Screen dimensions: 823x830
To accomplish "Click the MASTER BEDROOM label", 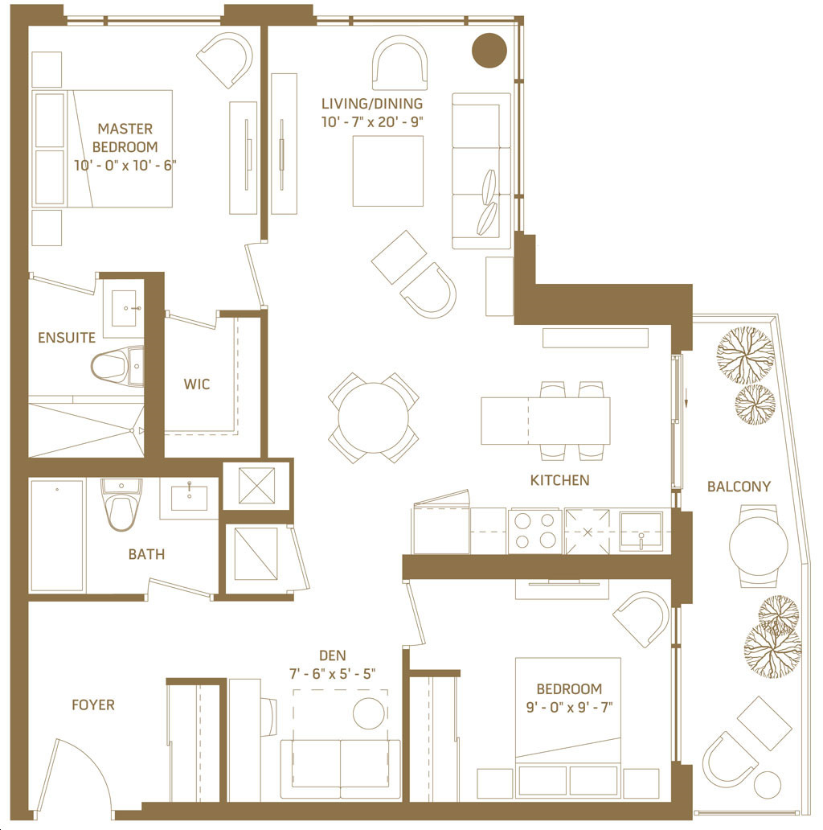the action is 125,138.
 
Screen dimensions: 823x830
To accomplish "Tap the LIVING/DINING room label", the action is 372,103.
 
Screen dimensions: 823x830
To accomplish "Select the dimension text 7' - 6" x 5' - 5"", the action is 332,674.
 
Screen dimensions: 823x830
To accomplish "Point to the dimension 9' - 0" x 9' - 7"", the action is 569,707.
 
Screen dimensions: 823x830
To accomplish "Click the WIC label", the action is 197,384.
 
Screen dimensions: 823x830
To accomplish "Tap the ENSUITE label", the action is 67,338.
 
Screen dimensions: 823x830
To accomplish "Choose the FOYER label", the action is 93,705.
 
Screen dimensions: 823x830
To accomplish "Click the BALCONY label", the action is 739,487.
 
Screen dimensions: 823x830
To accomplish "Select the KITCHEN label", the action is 559,480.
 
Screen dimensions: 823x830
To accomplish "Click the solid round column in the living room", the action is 489,51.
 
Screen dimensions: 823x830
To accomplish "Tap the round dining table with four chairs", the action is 374,417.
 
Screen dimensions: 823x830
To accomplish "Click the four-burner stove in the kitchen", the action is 534,531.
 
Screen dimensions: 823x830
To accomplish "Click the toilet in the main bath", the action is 121,506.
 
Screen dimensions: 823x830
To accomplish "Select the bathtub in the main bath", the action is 56,535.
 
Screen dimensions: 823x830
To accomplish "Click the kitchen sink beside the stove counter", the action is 641,531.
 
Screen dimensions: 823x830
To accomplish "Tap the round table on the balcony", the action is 759,546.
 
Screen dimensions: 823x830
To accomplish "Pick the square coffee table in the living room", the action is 387,171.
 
